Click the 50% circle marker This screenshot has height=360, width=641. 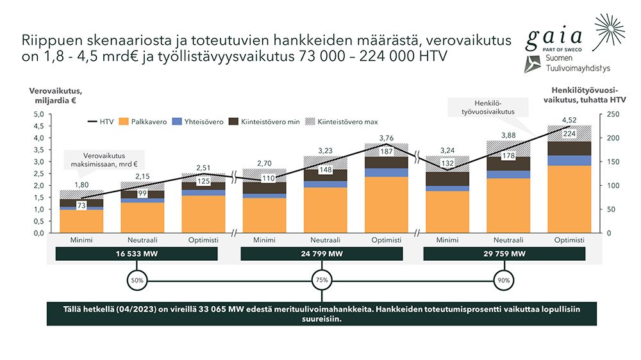pos(137,281)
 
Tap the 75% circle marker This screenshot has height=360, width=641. pos(322,280)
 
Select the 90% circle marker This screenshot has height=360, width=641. pos(504,281)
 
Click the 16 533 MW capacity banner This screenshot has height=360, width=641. pos(137,254)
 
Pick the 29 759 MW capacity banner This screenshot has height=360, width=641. pos(504,254)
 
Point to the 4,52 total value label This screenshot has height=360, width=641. pos(569,120)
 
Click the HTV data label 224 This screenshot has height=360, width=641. pos(569,134)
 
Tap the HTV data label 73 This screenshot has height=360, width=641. pos(81,205)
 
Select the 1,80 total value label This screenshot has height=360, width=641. pos(81,184)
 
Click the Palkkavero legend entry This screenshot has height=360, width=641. pos(143,122)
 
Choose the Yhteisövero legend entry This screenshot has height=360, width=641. pos(198,122)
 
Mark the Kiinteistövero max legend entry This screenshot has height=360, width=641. pos(342,122)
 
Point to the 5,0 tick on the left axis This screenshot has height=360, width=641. pos(39,114)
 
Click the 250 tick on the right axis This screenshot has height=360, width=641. pos(613,114)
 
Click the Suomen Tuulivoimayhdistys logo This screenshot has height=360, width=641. pos(567,64)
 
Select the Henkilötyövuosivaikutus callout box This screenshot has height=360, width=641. pos(488,108)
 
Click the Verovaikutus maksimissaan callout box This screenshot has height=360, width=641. pos(104,160)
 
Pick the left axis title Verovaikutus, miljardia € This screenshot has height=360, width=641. pos(56,95)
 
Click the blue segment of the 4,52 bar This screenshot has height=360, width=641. pos(569,161)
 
